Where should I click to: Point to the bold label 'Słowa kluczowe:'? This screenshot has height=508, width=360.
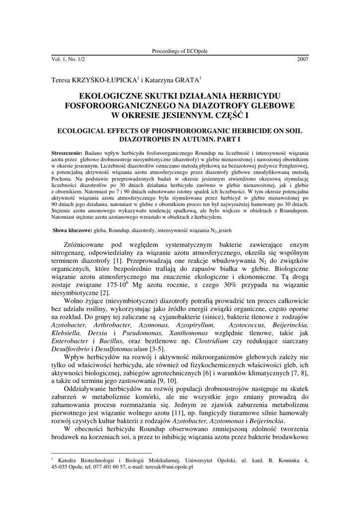[72, 231]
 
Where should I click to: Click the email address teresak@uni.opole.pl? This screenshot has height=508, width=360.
[168, 467]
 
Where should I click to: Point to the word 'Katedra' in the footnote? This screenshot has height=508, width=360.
[68, 460]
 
